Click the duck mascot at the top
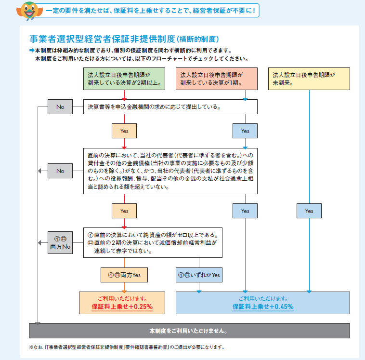29,11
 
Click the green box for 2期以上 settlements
124,79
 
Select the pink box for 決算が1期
217,79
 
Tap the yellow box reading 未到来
309,79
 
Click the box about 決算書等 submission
170,107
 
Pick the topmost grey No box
60,107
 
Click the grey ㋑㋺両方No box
60,242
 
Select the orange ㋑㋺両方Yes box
124,275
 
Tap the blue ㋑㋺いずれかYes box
199,275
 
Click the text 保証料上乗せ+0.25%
122,307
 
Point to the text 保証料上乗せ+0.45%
263,307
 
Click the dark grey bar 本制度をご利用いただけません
190,331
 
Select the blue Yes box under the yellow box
309,211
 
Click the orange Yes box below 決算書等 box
124,131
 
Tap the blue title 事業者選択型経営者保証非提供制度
102,39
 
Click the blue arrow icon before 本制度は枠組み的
32,50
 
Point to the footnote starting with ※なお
127,347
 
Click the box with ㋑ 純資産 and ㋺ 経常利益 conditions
153,242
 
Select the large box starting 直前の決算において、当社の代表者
170,171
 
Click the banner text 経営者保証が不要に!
224,11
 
